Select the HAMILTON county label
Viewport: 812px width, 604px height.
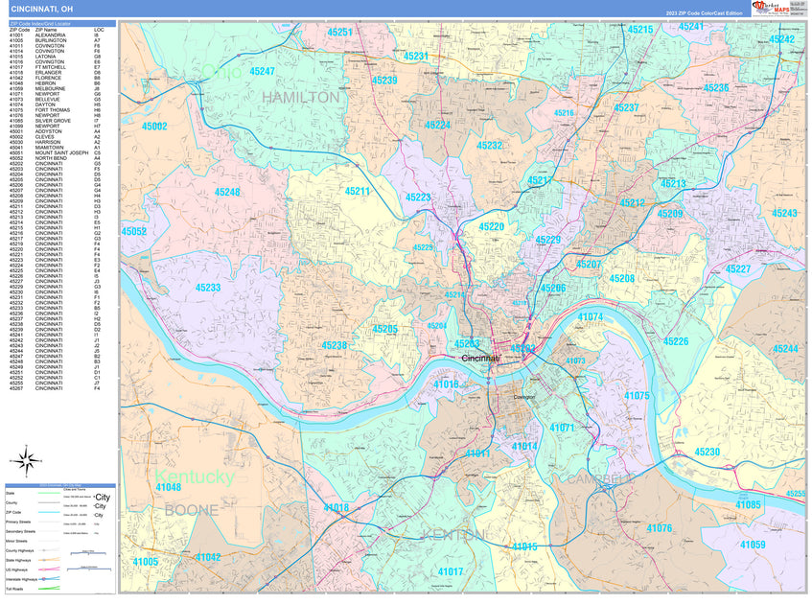point(300,98)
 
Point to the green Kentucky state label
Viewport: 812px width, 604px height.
point(195,476)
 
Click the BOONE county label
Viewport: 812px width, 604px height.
point(191,510)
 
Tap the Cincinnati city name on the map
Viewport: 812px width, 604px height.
point(481,358)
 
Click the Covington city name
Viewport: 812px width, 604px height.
point(522,395)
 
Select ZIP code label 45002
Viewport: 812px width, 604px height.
point(153,127)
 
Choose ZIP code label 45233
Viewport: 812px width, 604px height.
point(208,288)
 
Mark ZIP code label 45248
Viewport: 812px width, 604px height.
point(227,193)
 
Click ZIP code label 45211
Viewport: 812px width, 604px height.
point(357,192)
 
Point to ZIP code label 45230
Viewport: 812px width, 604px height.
point(708,452)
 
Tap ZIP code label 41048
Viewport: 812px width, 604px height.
point(168,488)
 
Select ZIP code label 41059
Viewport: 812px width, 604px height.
point(753,545)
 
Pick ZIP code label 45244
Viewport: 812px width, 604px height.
point(785,349)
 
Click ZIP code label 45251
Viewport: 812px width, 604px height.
point(340,33)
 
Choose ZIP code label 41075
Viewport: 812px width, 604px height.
point(637,395)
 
